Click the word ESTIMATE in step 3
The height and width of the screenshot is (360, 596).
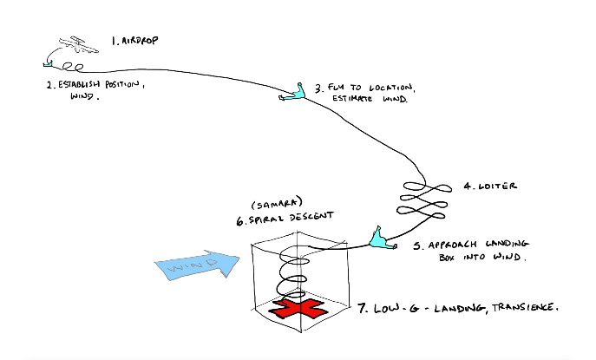click(357, 101)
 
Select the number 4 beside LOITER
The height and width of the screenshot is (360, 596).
click(464, 186)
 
